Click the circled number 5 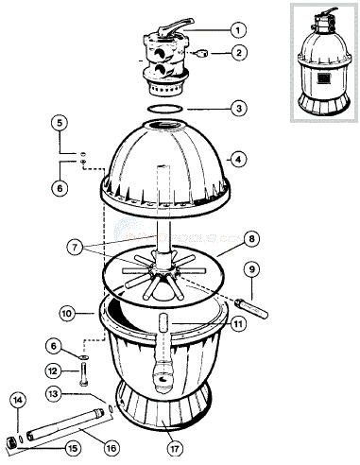(59, 123)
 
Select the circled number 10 (67, 311)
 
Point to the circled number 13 (55, 392)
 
